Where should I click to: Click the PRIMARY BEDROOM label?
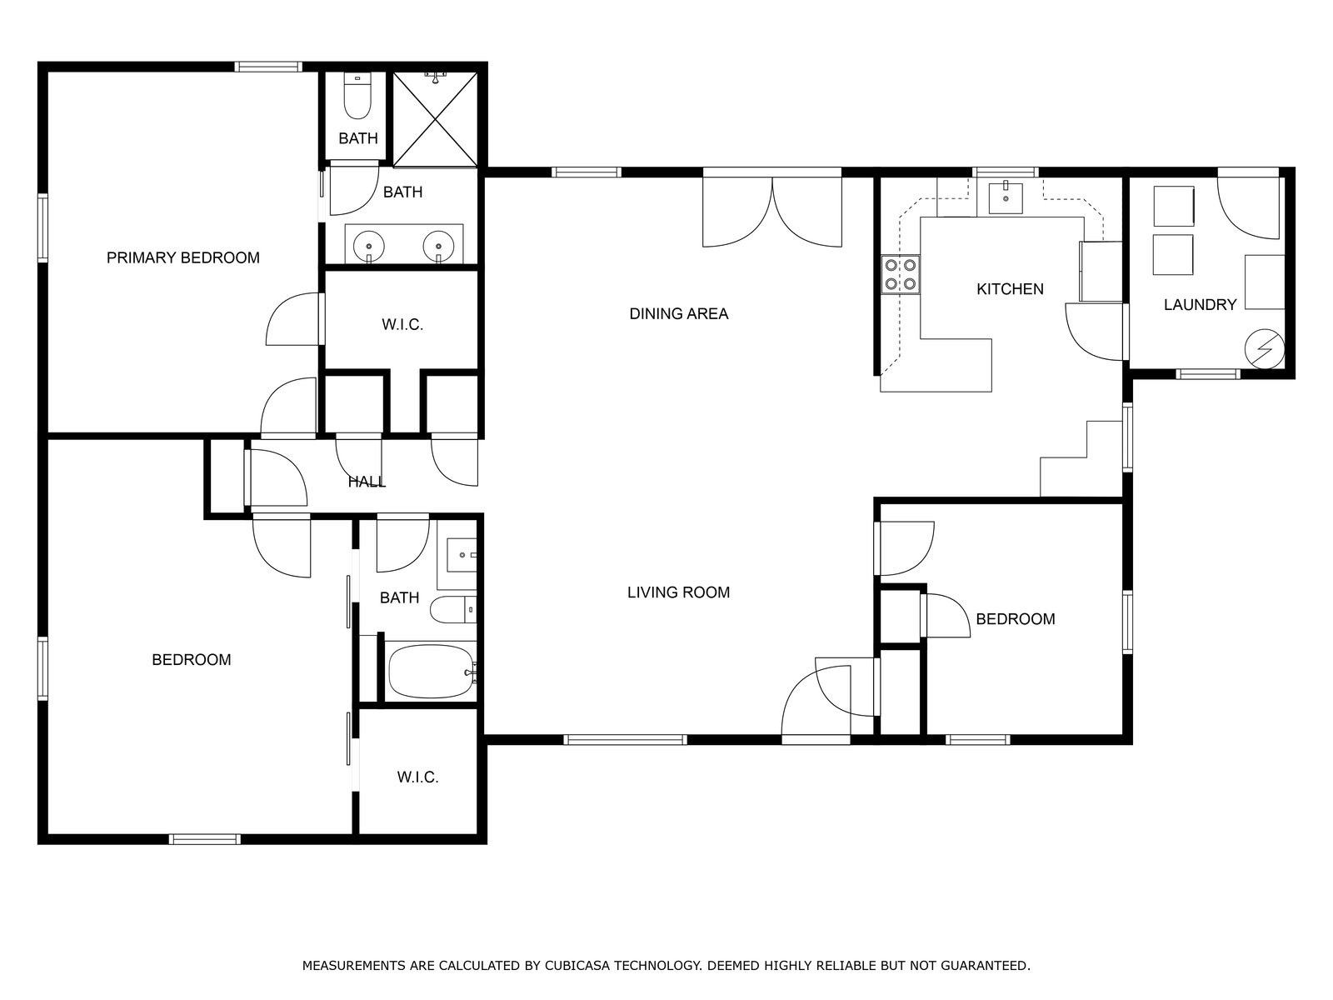coord(182,258)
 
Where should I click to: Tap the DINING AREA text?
coord(678,314)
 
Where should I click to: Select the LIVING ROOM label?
coord(678,592)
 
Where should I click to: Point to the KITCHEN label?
coord(1010,289)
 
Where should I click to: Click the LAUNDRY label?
coord(1200,305)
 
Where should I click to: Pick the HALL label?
coord(367,482)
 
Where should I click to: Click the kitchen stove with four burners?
coord(901,274)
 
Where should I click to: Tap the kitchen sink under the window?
coord(1006,197)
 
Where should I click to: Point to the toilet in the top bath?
coord(357,96)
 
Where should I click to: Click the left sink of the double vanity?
coord(368,246)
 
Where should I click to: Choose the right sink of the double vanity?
coord(438,246)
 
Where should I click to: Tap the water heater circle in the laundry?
coord(1265,349)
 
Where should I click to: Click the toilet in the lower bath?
coord(453,610)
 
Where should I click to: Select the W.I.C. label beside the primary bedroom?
coord(402,325)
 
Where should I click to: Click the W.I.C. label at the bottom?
coord(418,777)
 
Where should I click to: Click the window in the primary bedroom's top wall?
coord(268,67)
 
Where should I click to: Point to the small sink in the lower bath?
coord(462,555)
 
